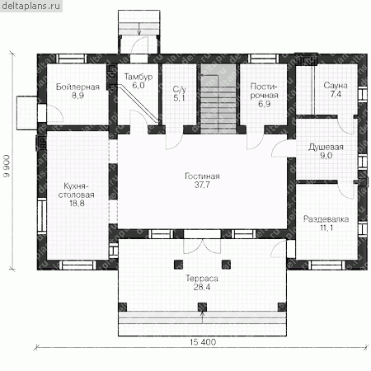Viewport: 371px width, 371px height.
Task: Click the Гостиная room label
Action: tap(202, 176)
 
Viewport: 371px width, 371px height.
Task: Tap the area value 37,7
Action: tap(202, 185)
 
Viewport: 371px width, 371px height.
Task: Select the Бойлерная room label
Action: tap(77, 87)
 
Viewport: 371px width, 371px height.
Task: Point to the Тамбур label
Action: tap(139, 77)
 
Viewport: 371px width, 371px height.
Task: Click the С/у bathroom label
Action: tap(180, 89)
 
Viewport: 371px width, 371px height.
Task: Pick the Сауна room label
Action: tap(336, 86)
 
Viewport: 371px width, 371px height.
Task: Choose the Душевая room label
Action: tap(326, 147)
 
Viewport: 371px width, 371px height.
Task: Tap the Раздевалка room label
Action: tap(326, 219)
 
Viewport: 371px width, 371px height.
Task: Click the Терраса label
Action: tap(202, 279)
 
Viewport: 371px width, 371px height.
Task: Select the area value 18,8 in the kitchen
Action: tap(77, 204)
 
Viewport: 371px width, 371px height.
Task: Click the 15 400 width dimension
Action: tap(203, 342)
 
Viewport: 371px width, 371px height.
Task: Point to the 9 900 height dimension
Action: tap(7, 166)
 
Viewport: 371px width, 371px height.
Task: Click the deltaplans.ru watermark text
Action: tap(31, 6)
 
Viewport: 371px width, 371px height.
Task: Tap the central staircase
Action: tap(218, 99)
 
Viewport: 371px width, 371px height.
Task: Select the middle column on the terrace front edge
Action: tap(202, 307)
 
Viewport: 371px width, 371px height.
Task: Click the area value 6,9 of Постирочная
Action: tap(264, 104)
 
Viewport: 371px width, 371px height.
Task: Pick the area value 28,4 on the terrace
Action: tap(202, 287)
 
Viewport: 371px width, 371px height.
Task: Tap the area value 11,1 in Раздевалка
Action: tap(326, 228)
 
